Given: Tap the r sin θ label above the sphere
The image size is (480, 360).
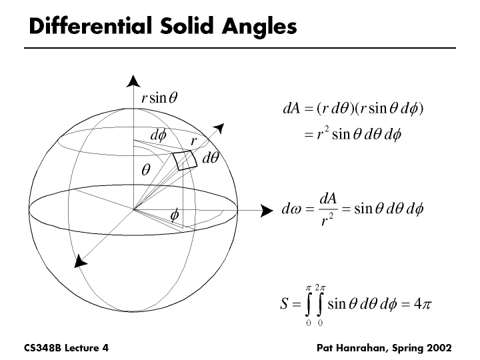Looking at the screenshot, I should pyautogui.click(x=159, y=98).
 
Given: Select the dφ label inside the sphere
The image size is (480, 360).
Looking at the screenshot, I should pyautogui.click(x=158, y=135).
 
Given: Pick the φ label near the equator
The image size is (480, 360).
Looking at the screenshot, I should pyautogui.click(x=175, y=215).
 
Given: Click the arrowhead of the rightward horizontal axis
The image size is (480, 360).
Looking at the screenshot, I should pyautogui.click(x=267, y=211).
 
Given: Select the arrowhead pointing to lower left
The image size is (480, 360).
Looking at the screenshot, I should pyautogui.click(x=81, y=261).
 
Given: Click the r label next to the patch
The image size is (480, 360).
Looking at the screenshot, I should pyautogui.click(x=193, y=141).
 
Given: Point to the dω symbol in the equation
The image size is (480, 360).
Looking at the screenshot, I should pyautogui.click(x=293, y=210).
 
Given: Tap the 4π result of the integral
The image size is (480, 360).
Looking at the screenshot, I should pyautogui.click(x=423, y=304).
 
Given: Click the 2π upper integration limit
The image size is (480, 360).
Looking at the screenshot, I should pyautogui.click(x=322, y=287).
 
